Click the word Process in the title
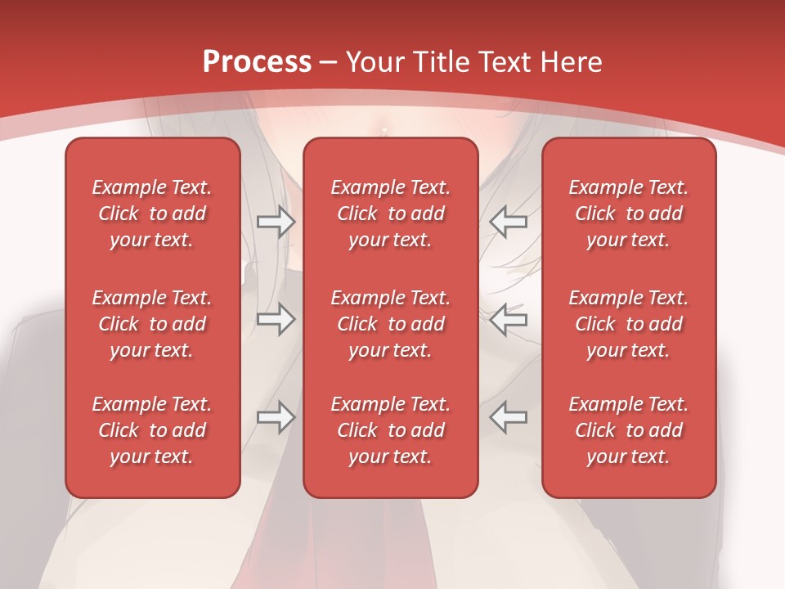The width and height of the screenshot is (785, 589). point(257,62)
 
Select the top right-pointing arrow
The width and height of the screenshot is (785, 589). point(276,222)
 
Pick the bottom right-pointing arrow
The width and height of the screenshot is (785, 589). point(276,417)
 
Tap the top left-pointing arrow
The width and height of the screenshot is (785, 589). point(509,220)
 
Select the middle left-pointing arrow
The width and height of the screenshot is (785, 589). point(509,319)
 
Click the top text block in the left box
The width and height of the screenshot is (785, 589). point(152,214)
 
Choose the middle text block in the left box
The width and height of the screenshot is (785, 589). point(152,324)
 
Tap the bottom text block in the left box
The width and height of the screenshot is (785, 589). point(152,430)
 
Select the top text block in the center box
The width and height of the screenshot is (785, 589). point(391,214)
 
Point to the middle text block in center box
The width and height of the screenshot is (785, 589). point(391,324)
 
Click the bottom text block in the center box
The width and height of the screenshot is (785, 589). point(391,430)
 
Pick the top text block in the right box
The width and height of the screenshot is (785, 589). point(629,214)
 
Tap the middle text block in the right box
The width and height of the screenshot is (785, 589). point(629,324)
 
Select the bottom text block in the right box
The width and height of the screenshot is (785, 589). point(629,430)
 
